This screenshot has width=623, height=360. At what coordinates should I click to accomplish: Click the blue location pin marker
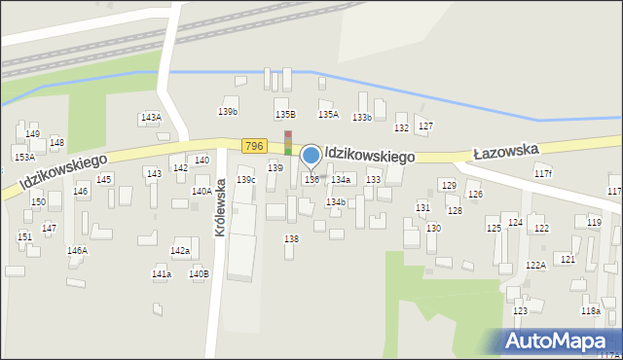[311, 156]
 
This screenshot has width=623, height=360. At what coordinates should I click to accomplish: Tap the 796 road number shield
[254, 146]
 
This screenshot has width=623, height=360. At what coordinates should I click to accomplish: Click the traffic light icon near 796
[288, 142]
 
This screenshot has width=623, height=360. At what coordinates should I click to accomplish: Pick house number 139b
[228, 112]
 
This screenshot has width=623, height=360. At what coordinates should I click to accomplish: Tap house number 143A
[151, 117]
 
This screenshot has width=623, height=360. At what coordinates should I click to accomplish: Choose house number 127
[425, 127]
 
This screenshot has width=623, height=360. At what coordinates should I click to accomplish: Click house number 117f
[543, 173]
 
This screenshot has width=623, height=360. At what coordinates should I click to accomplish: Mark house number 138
[291, 238]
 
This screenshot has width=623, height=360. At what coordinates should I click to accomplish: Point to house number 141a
[162, 274]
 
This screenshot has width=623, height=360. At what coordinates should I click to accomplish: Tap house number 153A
[24, 156]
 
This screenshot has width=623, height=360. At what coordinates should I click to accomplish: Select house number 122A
[535, 265]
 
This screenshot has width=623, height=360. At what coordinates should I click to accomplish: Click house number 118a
[591, 310]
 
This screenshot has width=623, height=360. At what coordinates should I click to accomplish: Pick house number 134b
[336, 201]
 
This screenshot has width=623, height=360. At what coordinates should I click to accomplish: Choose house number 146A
[77, 250]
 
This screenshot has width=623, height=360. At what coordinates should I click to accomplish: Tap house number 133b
[362, 117]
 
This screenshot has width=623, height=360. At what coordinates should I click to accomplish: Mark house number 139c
[246, 179]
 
